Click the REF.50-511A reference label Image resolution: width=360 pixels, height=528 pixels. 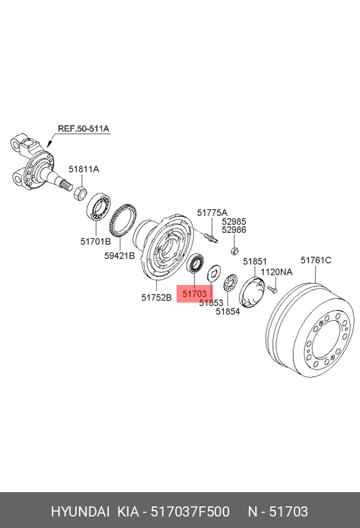point(83,129)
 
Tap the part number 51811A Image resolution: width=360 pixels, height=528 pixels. point(84,169)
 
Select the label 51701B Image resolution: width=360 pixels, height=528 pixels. point(95,242)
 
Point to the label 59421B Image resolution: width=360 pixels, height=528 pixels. point(120,256)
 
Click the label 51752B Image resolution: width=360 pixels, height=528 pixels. point(156,298)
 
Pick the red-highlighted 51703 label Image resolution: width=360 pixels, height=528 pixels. point(195,294)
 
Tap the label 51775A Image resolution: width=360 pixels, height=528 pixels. point(212,213)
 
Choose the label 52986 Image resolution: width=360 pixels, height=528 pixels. point(234,230)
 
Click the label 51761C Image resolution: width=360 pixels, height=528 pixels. point(316,261)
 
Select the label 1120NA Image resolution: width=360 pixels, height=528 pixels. point(277,272)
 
